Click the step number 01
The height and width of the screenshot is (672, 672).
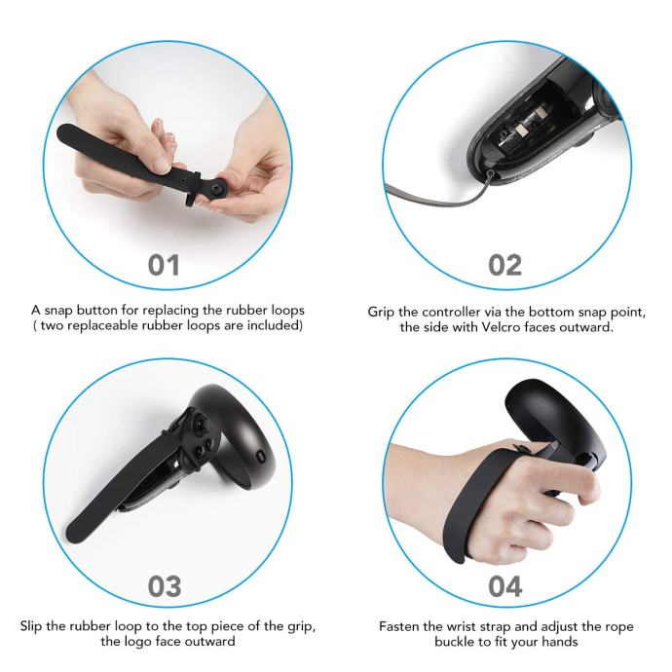(164, 265)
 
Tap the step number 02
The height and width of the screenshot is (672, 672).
(504, 265)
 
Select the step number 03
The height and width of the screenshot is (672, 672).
(165, 586)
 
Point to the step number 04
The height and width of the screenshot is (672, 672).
(505, 586)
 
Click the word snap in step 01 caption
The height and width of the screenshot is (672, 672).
(59, 311)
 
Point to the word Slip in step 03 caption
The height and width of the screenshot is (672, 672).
(31, 626)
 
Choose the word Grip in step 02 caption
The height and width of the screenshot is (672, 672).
(382, 312)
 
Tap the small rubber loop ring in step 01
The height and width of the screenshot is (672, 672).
(193, 189)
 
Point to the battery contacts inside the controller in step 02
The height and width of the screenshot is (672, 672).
(529, 122)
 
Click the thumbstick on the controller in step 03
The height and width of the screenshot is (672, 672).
(202, 425)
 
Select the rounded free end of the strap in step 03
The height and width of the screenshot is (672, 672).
(77, 532)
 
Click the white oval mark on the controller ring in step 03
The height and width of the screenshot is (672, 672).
(261, 456)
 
